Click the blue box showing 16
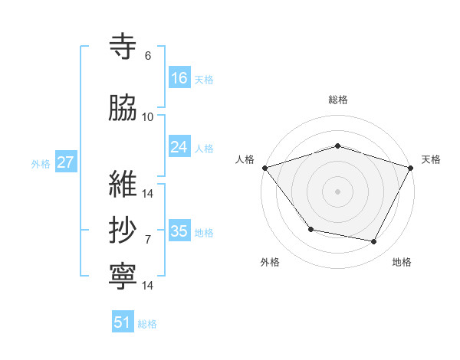pyautogui.click(x=179, y=78)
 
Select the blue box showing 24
pyautogui.click(x=179, y=147)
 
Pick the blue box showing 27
pyautogui.click(x=65, y=162)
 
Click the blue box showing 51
pyautogui.click(x=123, y=322)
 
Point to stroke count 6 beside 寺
pyautogui.click(x=148, y=56)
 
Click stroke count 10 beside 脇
pyautogui.click(x=148, y=117)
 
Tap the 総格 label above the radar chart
pyautogui.click(x=338, y=100)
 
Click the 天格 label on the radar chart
pyautogui.click(x=431, y=159)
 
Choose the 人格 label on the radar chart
pyautogui.click(x=245, y=159)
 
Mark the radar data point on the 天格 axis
pyautogui.click(x=411, y=168)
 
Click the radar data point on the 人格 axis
pyautogui.click(x=264, y=168)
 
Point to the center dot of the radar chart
pyautogui.click(x=338, y=191)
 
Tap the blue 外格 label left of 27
pyautogui.click(x=41, y=163)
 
